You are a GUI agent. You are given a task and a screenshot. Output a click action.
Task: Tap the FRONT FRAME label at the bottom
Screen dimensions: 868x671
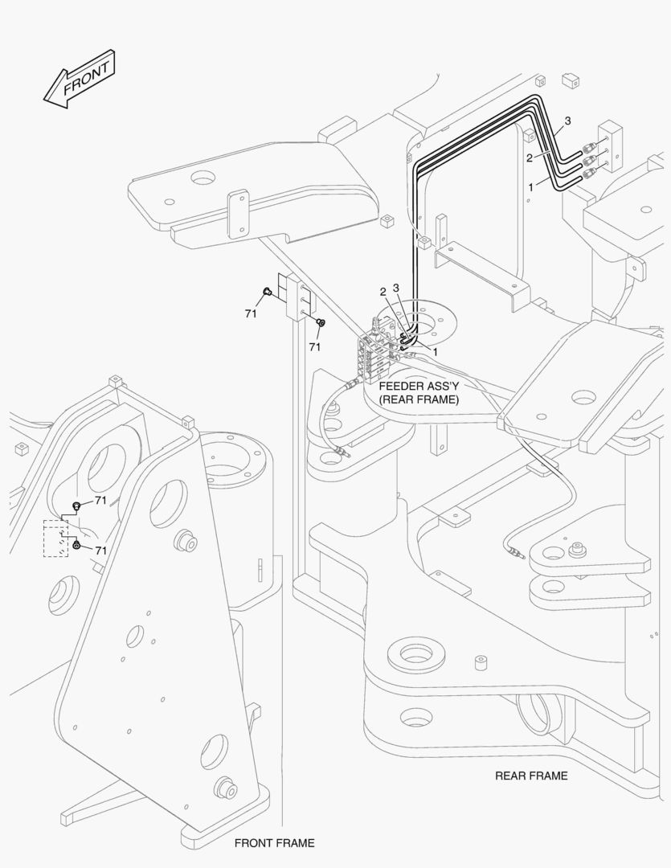click(274, 843)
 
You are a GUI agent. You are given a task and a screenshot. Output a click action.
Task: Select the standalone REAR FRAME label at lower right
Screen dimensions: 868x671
click(530, 776)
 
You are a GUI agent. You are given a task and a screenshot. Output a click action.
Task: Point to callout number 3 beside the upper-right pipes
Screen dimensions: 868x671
click(567, 121)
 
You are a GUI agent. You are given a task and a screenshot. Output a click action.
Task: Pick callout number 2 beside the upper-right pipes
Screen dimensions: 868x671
click(530, 158)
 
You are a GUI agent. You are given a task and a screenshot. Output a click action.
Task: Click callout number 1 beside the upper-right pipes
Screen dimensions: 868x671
click(530, 185)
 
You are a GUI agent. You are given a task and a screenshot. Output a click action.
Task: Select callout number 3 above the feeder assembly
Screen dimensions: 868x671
click(396, 288)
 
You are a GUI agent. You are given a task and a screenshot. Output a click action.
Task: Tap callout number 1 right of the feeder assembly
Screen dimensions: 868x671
click(436, 351)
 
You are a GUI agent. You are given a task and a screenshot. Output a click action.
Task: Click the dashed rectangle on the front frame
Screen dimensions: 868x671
click(55, 538)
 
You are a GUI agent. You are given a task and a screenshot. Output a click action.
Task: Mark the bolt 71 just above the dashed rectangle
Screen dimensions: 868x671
click(77, 506)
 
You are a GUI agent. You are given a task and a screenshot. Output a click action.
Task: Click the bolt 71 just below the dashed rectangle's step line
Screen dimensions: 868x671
click(76, 546)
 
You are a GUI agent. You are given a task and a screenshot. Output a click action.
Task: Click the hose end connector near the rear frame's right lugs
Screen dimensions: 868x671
click(514, 552)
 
